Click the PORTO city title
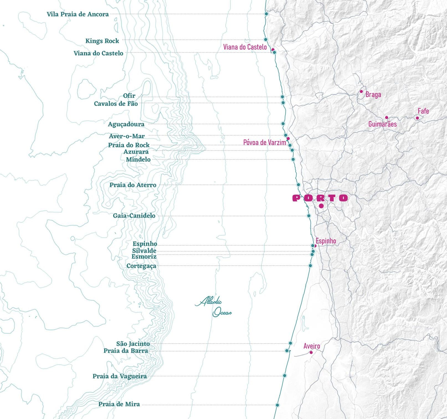click(x=320, y=198)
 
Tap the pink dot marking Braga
click(x=361, y=92)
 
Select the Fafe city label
click(x=423, y=111)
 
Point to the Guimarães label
click(x=382, y=124)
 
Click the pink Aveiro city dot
click(x=311, y=352)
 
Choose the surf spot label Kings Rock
click(x=102, y=41)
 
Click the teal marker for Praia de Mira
click(x=277, y=405)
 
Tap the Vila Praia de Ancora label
click(x=78, y=14)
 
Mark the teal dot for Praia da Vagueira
click(x=284, y=376)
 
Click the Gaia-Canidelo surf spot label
click(x=134, y=216)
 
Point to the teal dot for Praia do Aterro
click(x=298, y=185)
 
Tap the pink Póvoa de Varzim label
click(x=264, y=143)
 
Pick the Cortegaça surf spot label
click(x=141, y=266)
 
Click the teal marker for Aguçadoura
click(x=283, y=124)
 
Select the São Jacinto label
click(x=133, y=344)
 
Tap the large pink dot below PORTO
click(x=321, y=206)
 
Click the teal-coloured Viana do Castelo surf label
click(x=98, y=53)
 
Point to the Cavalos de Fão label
click(x=116, y=104)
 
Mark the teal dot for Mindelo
click(x=293, y=159)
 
